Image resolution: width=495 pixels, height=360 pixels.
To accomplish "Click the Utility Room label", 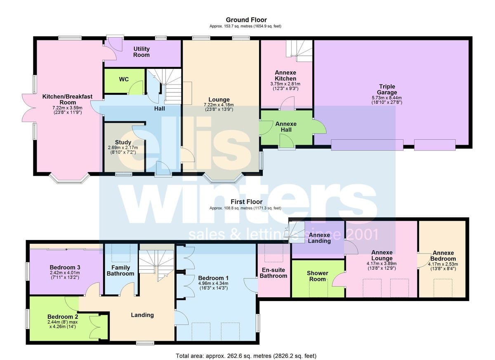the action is click(141, 52).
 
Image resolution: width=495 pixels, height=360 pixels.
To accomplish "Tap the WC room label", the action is click(124, 79).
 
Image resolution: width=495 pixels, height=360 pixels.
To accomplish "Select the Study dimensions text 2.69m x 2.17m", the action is click(123, 148).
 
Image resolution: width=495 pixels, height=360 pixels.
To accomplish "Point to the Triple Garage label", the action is click(387, 89).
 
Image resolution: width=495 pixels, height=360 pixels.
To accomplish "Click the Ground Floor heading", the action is click(246, 20).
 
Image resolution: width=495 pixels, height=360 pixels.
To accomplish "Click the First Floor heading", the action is click(247, 202).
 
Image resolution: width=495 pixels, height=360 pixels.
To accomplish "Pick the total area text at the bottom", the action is click(246, 356).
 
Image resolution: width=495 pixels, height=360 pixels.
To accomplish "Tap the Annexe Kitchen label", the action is click(285, 75).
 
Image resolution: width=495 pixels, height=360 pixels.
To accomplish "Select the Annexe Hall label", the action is click(286, 127).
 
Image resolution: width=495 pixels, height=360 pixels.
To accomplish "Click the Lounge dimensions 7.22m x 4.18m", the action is click(219, 105).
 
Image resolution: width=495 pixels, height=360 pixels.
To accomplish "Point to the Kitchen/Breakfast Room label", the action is click(67, 99).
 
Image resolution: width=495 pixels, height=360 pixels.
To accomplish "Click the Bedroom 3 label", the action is click(65, 268).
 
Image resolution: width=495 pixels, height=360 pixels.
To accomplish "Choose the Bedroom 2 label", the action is click(63, 317).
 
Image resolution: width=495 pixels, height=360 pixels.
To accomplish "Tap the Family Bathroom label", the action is click(120, 271).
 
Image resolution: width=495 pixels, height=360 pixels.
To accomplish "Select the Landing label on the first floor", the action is click(142, 315).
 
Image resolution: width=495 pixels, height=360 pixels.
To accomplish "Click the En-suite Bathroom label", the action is click(273, 273).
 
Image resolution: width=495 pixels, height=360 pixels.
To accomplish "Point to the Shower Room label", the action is click(318, 276).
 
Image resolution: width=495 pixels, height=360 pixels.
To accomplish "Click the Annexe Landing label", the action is click(319, 238).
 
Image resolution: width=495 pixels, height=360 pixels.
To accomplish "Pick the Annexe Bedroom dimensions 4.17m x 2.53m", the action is click(443, 264).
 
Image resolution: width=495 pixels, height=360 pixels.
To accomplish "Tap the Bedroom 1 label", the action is click(214, 278).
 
